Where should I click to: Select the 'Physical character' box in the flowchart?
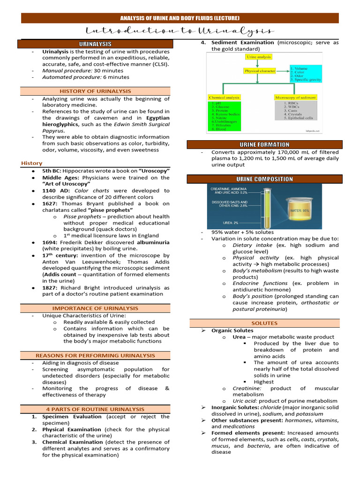pos(259,71)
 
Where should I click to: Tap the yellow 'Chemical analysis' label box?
pos(224,97)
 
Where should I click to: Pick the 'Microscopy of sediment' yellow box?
pos(295,97)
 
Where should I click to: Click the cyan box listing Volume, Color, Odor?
pos(305,74)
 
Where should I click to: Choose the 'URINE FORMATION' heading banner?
pos(265,144)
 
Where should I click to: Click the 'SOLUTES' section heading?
pos(265,323)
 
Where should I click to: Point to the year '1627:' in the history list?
pos(51,204)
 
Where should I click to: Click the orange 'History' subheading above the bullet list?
pos(32,163)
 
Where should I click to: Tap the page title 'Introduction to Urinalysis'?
pos(180,31)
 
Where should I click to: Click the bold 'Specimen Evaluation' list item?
pos(72,416)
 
